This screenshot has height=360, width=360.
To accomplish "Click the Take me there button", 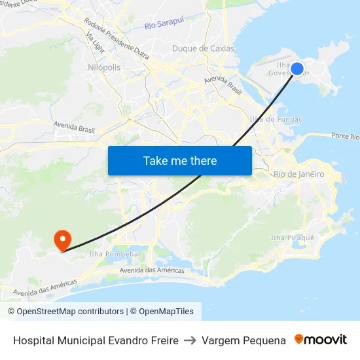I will tap(180, 160).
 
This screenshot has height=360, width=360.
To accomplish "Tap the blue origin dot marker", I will tap(297, 69).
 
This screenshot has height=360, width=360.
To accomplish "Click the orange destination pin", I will tap(63, 240).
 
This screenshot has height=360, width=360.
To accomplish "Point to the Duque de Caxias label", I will tap(198, 48).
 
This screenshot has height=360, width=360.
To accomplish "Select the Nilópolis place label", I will tap(103, 67).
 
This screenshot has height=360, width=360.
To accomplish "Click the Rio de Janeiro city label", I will tap(298, 174).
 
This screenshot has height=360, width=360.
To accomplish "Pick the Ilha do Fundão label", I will tap(276, 119).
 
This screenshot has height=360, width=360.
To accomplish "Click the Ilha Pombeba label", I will tap(113, 254).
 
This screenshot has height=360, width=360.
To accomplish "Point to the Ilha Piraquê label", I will tap(293, 238).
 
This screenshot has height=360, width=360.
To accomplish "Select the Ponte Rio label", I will tap(345, 136).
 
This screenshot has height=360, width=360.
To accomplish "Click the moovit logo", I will tap(321, 340).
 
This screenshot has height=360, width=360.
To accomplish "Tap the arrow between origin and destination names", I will tap(190, 340).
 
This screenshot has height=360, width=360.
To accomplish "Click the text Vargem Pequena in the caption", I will tap(243, 340).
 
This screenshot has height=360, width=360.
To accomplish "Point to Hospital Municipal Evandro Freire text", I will tap(96, 340).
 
